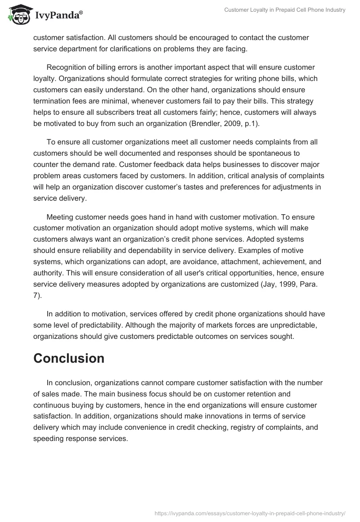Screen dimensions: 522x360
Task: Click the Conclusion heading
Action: click(69, 358)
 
